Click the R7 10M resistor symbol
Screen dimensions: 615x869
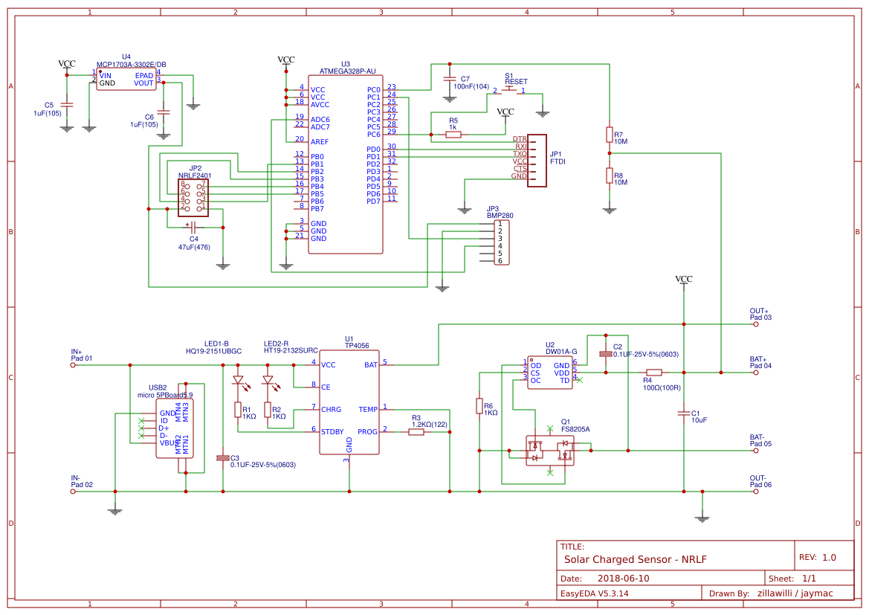pyautogui.click(x=610, y=135)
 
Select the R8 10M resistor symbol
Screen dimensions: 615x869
pyautogui.click(x=610, y=176)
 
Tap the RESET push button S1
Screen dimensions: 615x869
pyautogui.click(x=509, y=91)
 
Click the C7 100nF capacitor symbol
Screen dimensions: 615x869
pyautogui.click(x=449, y=79)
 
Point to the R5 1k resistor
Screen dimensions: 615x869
pyautogui.click(x=453, y=135)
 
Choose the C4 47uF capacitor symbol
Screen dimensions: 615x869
pyautogui.click(x=193, y=225)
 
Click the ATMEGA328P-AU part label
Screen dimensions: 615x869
pyautogui.click(x=347, y=71)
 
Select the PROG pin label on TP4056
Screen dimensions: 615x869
pyautogui.click(x=367, y=431)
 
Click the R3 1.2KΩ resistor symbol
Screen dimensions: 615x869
pyautogui.click(x=416, y=431)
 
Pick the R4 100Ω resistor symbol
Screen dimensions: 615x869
pyautogui.click(x=653, y=372)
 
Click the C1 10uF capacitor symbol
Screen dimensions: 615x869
pyautogui.click(x=683, y=413)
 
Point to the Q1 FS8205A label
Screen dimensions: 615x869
pyautogui.click(x=575, y=429)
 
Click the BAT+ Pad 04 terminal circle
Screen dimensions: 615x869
pyautogui.click(x=756, y=372)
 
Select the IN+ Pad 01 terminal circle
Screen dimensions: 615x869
pyautogui.click(x=73, y=365)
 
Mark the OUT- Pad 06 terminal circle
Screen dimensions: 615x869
pyautogui.click(x=756, y=492)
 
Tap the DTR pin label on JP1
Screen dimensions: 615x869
pyautogui.click(x=520, y=139)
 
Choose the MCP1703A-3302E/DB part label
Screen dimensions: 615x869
pyautogui.click(x=132, y=65)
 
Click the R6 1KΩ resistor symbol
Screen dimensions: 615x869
pyautogui.click(x=479, y=405)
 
